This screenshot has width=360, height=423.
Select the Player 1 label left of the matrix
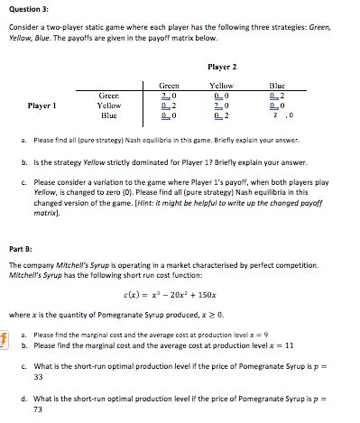pos(43,106)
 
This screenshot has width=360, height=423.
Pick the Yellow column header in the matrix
pos(221,85)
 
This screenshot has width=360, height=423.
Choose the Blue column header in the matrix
pos(276,85)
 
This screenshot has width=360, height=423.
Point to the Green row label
pos(110,95)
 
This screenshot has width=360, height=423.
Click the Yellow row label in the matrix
pos(110,106)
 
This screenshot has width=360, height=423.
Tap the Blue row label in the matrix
pos(110,115)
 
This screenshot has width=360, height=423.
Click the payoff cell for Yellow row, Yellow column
pos(221,106)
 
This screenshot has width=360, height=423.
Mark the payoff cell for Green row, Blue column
pos(276,95)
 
